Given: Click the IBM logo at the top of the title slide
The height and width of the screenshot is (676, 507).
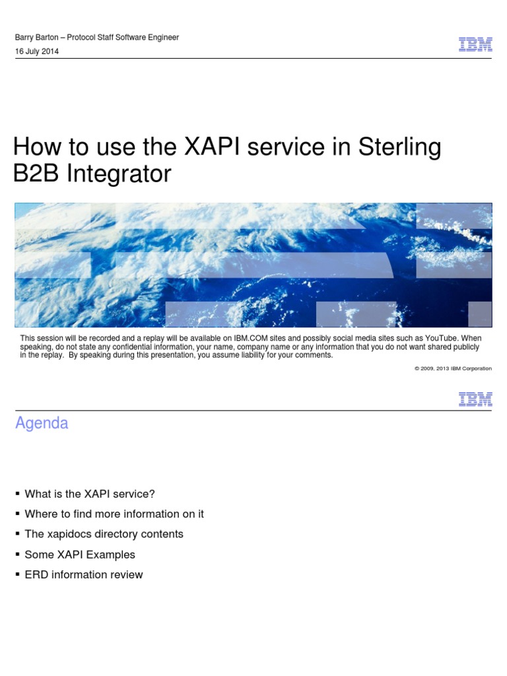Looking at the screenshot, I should click(475, 44).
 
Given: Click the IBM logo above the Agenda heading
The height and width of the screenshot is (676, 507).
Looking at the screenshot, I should click(475, 399).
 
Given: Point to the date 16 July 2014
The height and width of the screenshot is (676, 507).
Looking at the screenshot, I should click(37, 51).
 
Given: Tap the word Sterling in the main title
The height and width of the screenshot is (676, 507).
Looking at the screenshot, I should click(399, 147).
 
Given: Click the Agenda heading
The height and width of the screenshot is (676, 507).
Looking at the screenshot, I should click(42, 423).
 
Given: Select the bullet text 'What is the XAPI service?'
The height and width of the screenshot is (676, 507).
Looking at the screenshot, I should click(89, 494).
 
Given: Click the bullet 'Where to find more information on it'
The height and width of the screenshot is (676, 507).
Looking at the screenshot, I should click(114, 514).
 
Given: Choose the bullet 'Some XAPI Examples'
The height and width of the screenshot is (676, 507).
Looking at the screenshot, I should click(80, 555).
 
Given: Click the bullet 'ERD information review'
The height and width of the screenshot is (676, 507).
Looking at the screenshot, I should click(84, 574).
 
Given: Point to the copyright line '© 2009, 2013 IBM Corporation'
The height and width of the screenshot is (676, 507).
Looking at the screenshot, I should click(453, 368).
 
